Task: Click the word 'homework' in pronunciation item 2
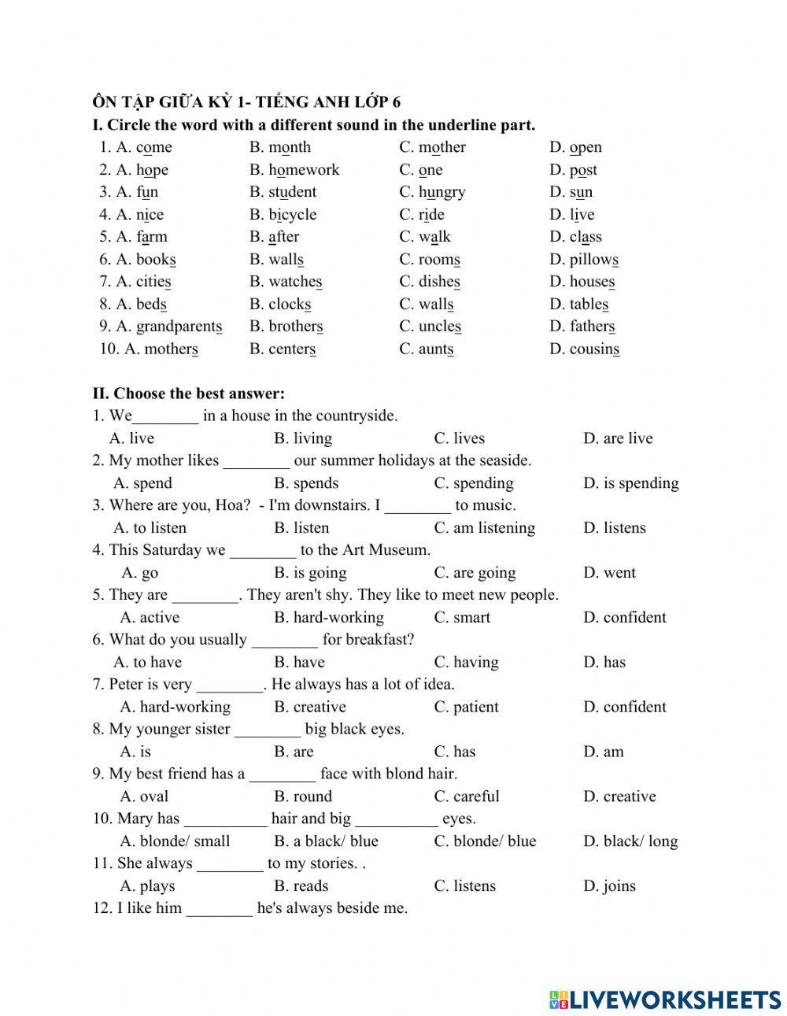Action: [304, 170]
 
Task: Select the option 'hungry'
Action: [442, 192]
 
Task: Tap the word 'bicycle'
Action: [292, 215]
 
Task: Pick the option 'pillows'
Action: [593, 260]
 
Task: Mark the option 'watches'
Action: [295, 282]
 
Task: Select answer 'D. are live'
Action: [618, 438]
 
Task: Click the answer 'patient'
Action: [475, 708]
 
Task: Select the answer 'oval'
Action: [153, 796]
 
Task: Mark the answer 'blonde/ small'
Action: [184, 841]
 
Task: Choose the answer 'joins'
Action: [619, 886]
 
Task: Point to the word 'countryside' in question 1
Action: [353, 416]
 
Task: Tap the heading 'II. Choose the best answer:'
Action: [189, 393]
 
